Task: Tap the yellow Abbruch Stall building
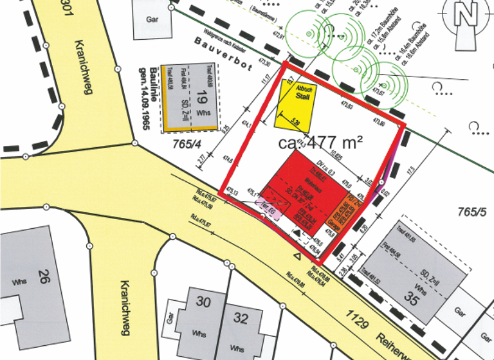coord(295,103)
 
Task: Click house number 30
coord(203,301)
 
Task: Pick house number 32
coord(241,318)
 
